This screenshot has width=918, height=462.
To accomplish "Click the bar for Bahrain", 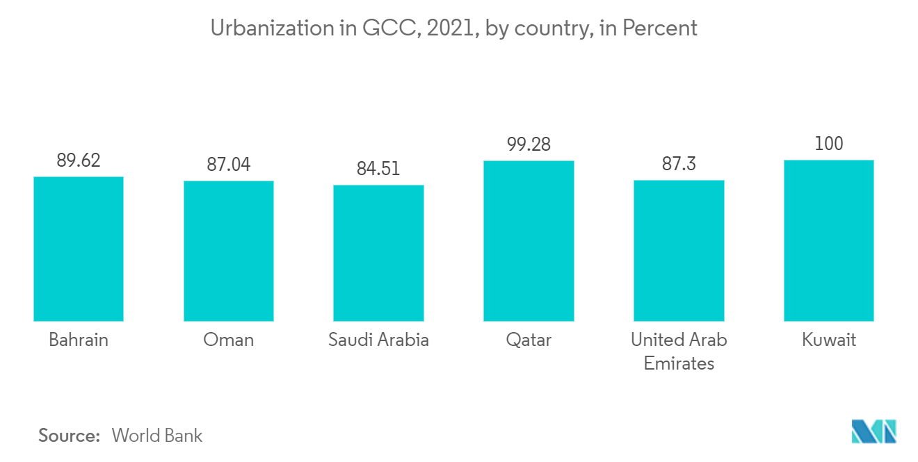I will (x=79, y=249).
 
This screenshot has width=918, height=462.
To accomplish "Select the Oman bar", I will (x=229, y=251).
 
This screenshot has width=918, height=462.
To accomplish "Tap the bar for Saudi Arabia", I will (x=378, y=253).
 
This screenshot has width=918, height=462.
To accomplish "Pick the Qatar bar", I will (x=529, y=241).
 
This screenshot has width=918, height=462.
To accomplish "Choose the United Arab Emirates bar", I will (x=679, y=251).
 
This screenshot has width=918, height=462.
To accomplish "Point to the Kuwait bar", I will (x=828, y=240).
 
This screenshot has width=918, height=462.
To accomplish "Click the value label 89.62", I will (x=79, y=160).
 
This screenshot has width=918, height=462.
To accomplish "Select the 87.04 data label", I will (x=229, y=165).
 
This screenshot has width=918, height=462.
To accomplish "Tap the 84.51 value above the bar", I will (x=378, y=169).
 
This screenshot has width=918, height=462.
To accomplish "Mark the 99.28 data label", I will (x=529, y=145).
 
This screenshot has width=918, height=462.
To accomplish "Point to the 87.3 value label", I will (x=679, y=164).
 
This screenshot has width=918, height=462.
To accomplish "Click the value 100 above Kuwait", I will (x=828, y=144).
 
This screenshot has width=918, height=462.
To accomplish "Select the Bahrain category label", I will (x=79, y=340).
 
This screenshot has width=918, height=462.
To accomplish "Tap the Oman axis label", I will (x=229, y=340).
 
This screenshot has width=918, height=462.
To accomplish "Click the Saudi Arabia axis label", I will (x=378, y=340).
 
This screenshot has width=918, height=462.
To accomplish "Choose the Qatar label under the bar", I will (x=529, y=340).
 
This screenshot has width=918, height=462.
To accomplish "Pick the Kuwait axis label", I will (x=828, y=340).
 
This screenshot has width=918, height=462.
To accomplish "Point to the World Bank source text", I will (x=157, y=436).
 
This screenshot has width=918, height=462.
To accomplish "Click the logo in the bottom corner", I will (x=874, y=431).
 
